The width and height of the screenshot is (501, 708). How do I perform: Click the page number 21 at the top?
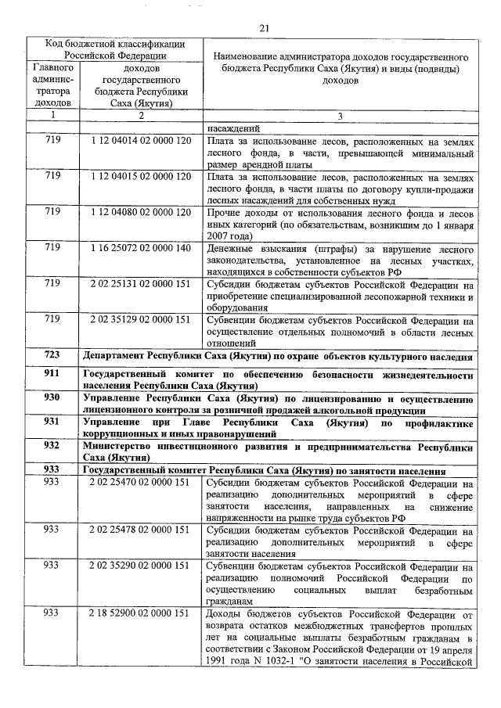(x=264, y=28)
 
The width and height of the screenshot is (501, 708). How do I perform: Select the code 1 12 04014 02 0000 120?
(x=140, y=142)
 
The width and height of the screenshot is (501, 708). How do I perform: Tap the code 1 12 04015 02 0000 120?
(x=140, y=176)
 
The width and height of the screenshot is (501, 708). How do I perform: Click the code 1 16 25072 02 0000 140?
(x=140, y=247)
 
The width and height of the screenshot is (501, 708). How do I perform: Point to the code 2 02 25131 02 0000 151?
(x=140, y=283)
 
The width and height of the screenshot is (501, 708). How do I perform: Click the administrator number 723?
(x=52, y=354)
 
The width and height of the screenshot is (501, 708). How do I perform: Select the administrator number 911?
(x=52, y=374)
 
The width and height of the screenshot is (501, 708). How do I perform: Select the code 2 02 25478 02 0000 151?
(x=140, y=530)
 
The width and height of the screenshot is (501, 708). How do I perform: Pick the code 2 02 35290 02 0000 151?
(x=140, y=565)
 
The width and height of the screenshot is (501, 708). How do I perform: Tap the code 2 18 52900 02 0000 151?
(x=140, y=613)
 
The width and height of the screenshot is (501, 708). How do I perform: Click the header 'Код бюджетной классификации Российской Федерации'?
(x=114, y=49)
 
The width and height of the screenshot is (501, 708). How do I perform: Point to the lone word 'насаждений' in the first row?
(x=233, y=129)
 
